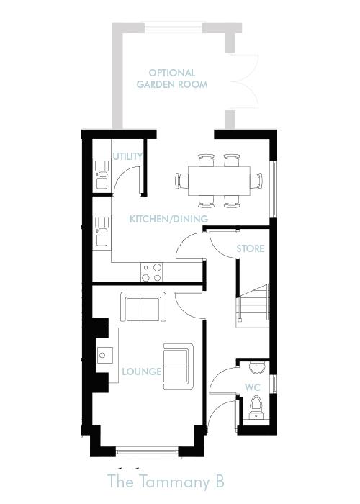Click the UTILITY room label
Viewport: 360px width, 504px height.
coord(127,156)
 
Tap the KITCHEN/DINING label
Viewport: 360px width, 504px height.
coord(168,219)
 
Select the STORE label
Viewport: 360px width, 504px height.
coord(250,248)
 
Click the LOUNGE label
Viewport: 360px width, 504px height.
coord(141,372)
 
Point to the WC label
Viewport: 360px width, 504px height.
coord(252,387)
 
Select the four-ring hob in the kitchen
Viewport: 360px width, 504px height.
coord(151,271)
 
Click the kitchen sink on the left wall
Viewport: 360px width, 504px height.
coord(101,235)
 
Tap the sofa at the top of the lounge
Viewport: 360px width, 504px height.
coord(143,308)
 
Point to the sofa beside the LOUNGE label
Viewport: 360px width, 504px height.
coord(177,364)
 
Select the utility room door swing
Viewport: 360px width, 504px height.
coord(127,180)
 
